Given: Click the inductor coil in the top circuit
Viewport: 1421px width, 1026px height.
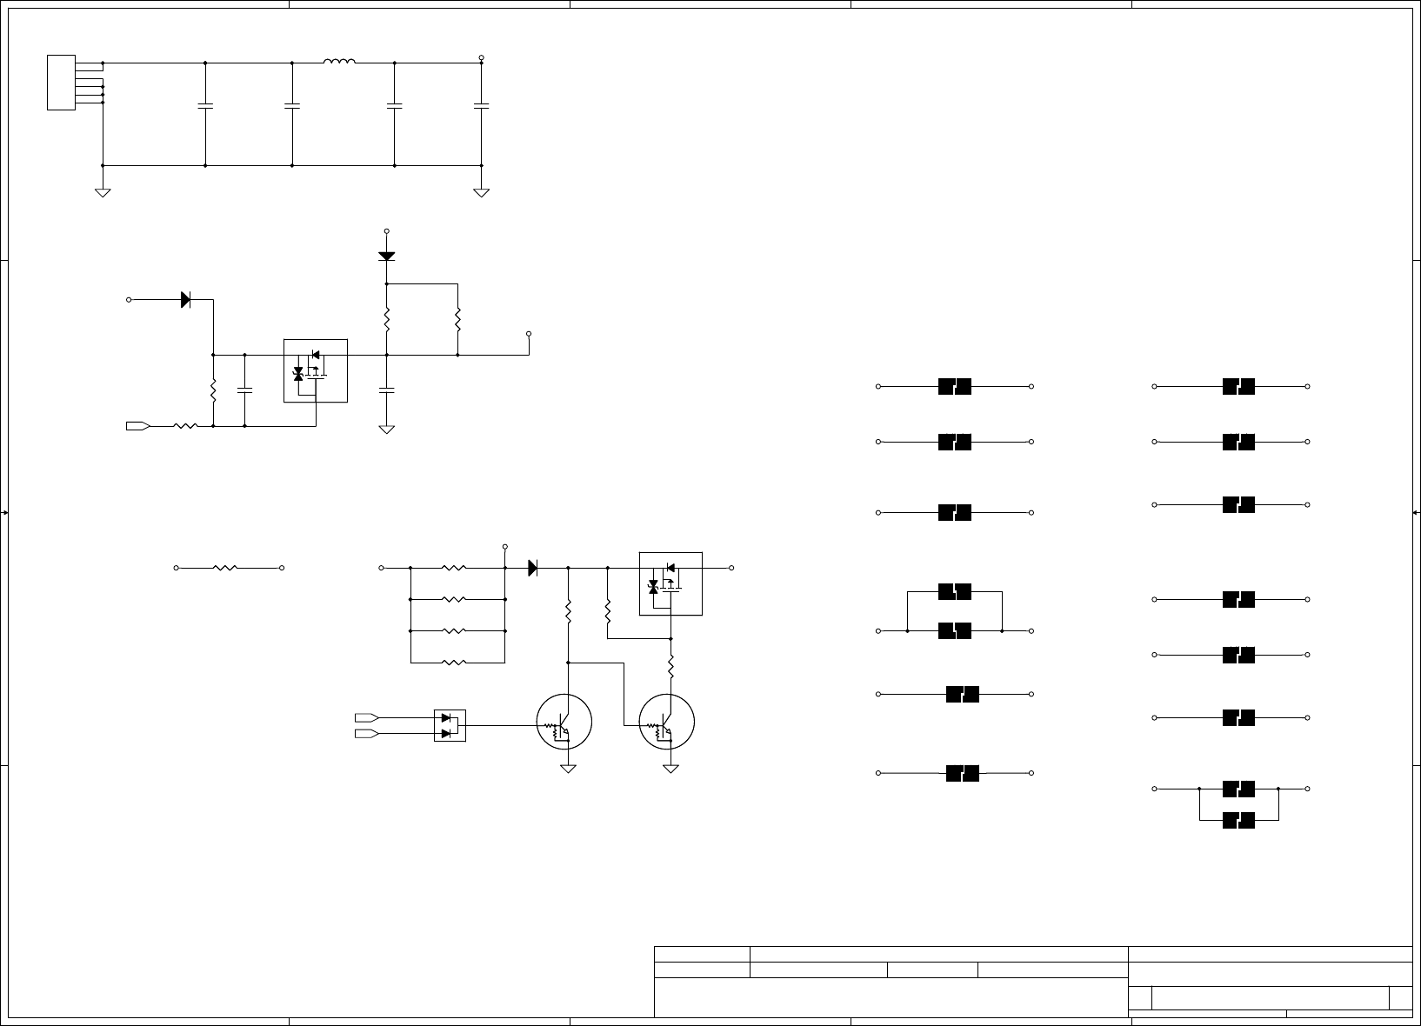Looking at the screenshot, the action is [x=339, y=62].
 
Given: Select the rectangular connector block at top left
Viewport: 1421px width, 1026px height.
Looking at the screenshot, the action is [x=61, y=83].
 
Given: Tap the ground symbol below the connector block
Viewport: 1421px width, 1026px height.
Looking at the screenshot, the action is [x=103, y=192].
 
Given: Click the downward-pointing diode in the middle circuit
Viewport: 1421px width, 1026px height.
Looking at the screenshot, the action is [x=387, y=256].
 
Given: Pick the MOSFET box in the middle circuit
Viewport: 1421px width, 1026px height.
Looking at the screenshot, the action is [x=316, y=370].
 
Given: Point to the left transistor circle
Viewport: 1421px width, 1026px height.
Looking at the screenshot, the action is [x=564, y=722].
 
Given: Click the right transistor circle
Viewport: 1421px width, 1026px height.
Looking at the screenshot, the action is [x=667, y=722].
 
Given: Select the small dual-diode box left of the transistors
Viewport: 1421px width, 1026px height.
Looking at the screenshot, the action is [x=450, y=725].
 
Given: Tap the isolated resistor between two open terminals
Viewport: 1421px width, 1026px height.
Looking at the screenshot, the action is [x=225, y=568].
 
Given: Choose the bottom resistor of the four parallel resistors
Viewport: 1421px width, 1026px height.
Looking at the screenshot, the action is [x=454, y=663].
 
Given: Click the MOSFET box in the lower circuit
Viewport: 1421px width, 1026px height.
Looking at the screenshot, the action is [x=670, y=583].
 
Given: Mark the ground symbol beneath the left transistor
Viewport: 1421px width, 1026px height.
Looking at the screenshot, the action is [x=568, y=769].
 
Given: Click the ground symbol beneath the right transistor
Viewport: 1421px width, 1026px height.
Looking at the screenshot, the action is [x=670, y=769].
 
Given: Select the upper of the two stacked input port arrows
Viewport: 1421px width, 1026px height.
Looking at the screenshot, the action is [x=366, y=717].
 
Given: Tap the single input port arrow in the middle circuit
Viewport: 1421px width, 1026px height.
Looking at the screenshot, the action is [x=138, y=426].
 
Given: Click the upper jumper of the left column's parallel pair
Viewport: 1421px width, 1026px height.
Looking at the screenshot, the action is [x=955, y=592].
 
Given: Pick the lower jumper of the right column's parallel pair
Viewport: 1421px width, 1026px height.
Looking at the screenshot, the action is [x=1238, y=820].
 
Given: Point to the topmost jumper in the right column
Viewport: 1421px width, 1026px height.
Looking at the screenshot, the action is [x=1238, y=386].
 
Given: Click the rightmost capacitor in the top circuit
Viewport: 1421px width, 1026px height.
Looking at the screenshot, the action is [x=481, y=106].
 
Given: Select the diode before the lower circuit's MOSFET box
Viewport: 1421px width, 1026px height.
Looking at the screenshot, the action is [x=533, y=568].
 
